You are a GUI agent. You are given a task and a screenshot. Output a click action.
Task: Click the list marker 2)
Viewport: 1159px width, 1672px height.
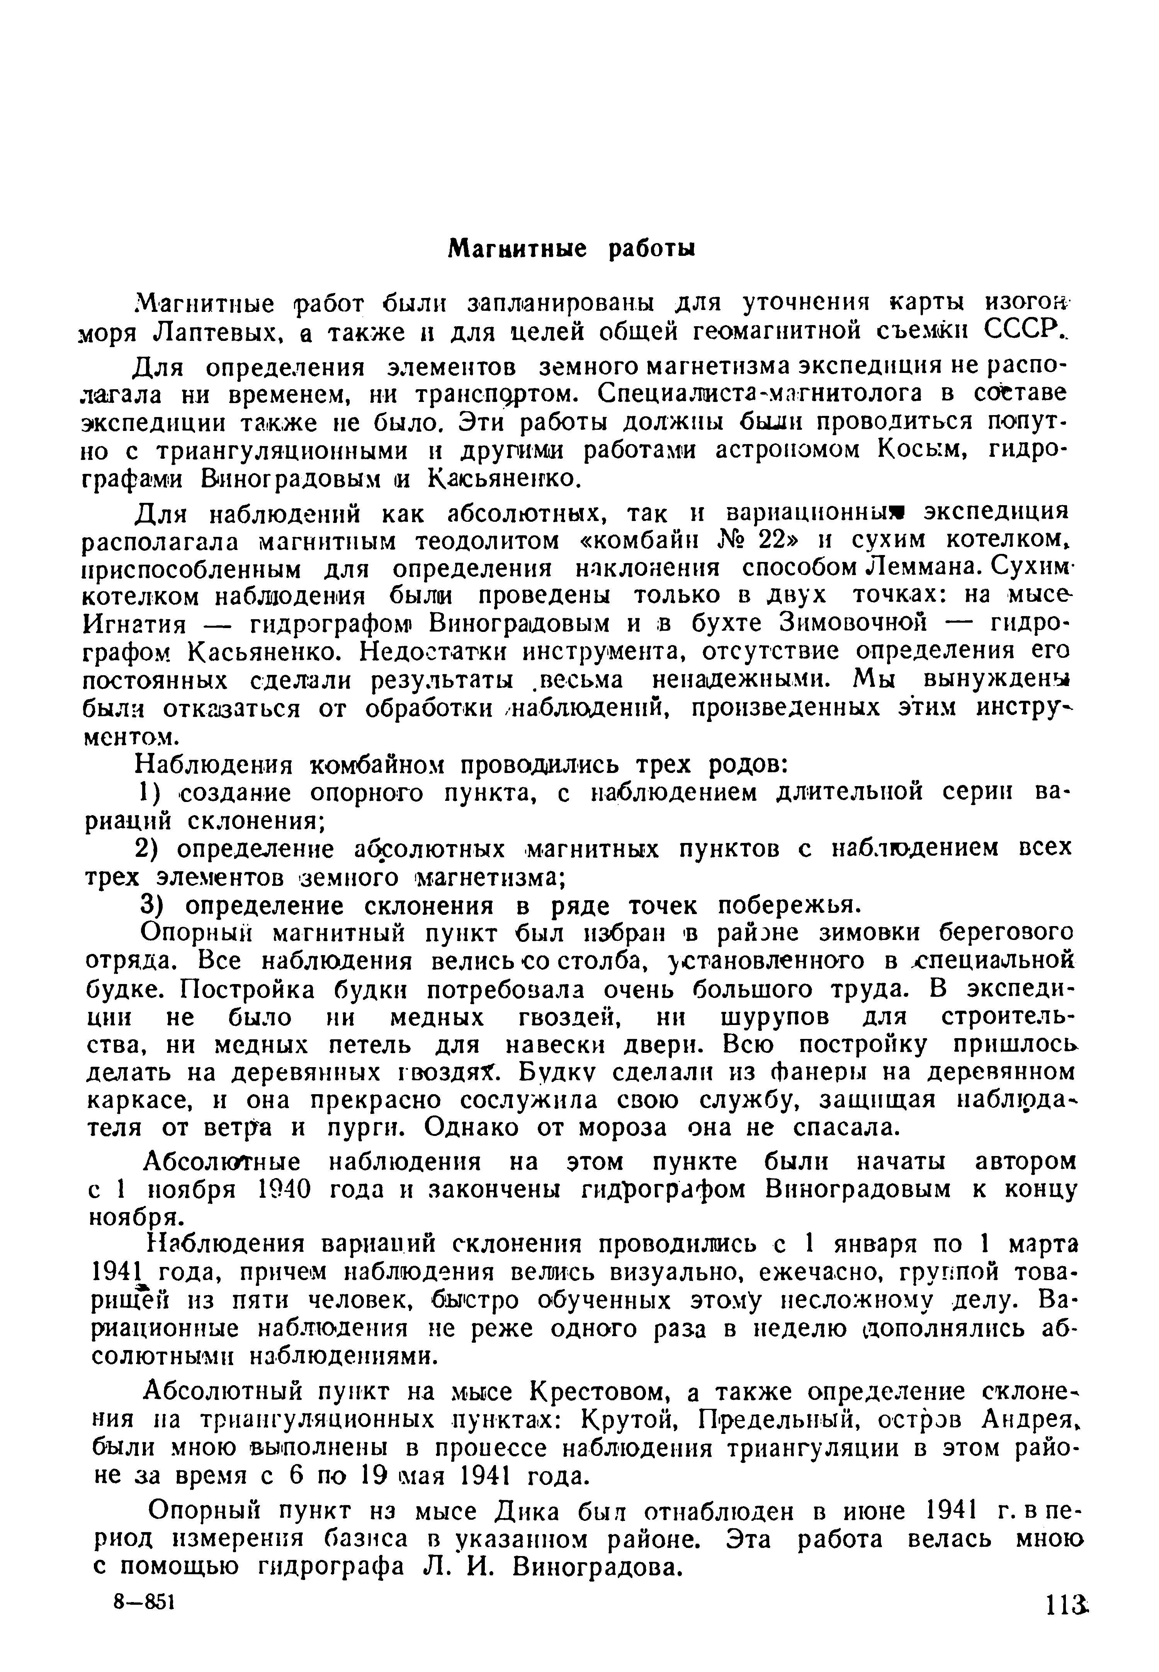[154, 848]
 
